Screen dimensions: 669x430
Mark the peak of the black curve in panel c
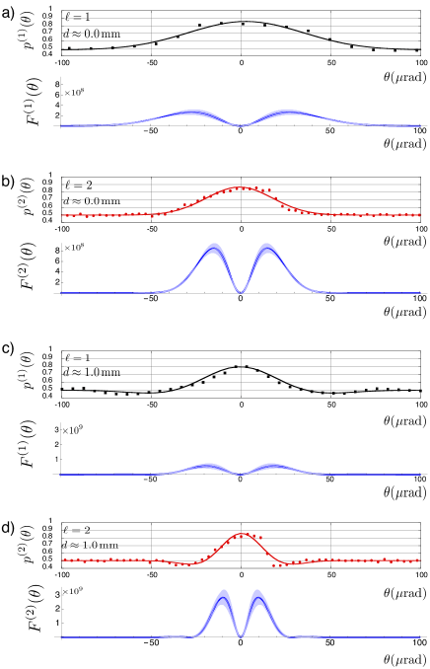(242, 366)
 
